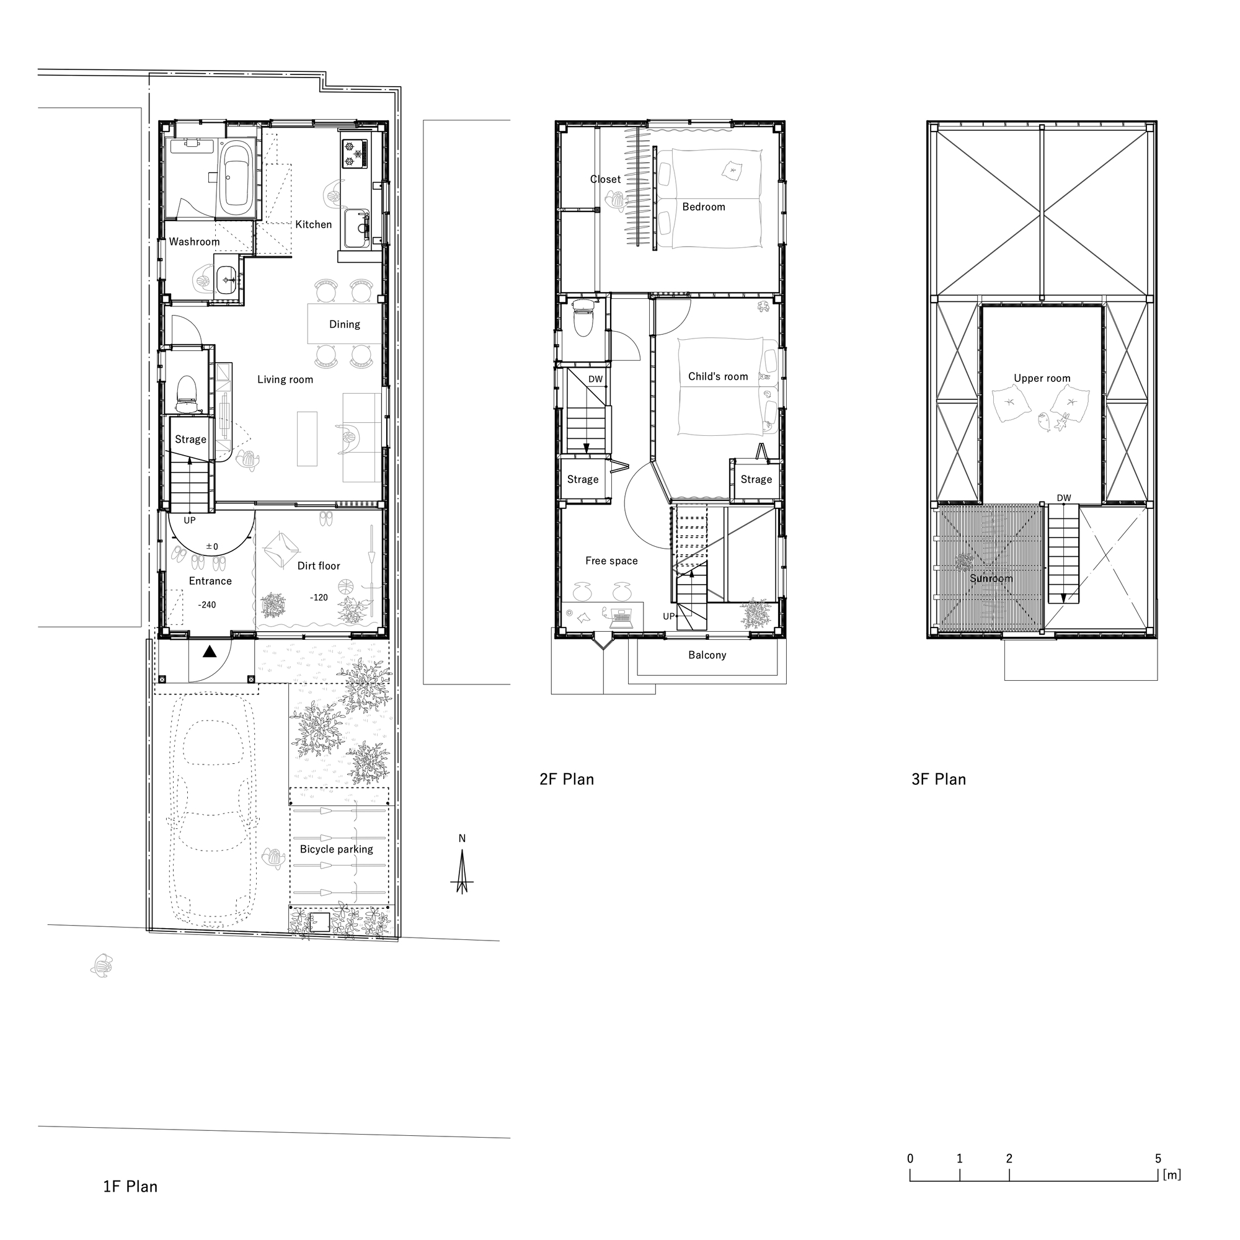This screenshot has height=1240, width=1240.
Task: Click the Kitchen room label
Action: pos(313,224)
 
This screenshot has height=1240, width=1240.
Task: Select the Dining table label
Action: pos(345,324)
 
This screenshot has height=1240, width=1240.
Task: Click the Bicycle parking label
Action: pos(336,849)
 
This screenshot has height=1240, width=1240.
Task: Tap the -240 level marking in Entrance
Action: pos(206,604)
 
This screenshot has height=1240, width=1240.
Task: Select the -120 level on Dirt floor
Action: pos(319,598)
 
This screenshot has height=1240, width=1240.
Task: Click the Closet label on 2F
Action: pos(605,180)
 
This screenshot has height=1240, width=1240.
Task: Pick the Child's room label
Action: pos(717,377)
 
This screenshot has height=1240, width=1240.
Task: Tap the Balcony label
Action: pos(707,655)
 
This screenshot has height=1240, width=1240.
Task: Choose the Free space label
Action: pos(611,561)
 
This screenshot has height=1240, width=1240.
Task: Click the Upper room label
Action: pos(1042,379)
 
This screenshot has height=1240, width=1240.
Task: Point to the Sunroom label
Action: pos(991,578)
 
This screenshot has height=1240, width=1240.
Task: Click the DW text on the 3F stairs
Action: pos(1063,498)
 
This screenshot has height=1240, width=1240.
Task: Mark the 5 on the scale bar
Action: pos(1158,1177)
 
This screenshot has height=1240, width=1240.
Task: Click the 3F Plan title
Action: pos(938,779)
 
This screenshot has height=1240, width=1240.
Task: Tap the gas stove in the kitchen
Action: pos(355,153)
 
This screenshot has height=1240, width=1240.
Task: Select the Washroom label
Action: pos(194,242)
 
